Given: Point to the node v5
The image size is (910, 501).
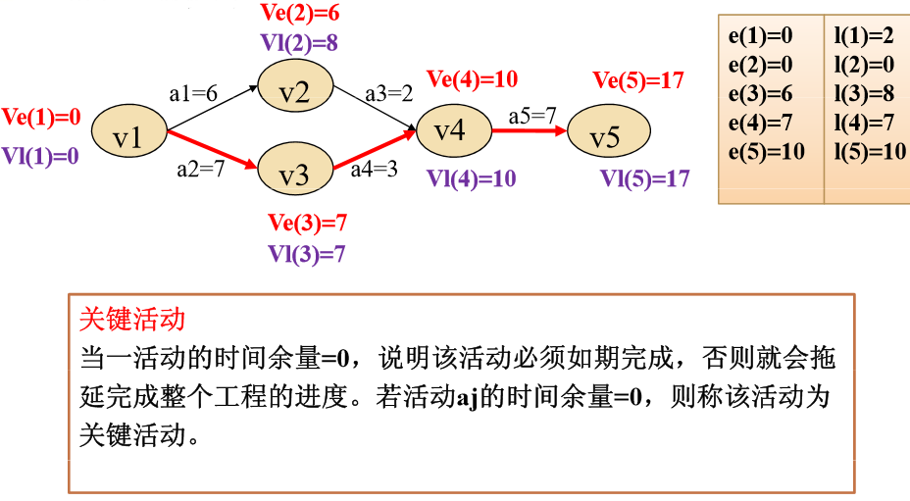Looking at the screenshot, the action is (608, 135).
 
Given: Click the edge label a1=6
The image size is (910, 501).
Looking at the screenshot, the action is (193, 95).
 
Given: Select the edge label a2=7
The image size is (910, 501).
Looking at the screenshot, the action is (201, 169).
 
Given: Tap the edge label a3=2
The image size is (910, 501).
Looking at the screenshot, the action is (389, 95).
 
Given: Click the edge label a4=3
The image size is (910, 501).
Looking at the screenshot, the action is (373, 169).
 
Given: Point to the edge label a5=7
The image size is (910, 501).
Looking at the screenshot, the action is (532, 116).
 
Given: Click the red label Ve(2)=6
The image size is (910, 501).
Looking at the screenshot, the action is (300, 13).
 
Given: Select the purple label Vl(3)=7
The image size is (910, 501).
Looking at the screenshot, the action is (307, 254).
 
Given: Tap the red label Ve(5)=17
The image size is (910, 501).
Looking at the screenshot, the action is (639, 80).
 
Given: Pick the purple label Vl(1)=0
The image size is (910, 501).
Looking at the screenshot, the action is (40, 155).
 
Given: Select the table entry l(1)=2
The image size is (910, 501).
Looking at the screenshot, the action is (864, 36).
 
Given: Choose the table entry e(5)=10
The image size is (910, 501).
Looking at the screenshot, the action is (766, 151).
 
